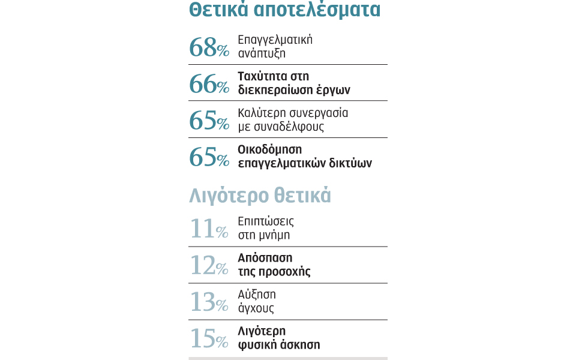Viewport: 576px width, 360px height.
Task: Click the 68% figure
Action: (x=209, y=47)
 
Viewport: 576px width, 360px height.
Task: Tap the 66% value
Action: (x=209, y=84)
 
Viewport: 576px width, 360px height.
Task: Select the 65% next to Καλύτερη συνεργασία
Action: (x=209, y=121)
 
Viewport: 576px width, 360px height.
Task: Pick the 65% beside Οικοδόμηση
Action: (x=209, y=157)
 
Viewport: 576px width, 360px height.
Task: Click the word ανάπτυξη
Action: (x=262, y=53)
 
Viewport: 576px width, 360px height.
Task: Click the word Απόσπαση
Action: (x=265, y=258)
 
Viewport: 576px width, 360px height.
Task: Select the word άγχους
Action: (x=256, y=308)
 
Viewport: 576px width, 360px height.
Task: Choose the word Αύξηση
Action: (x=257, y=295)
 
